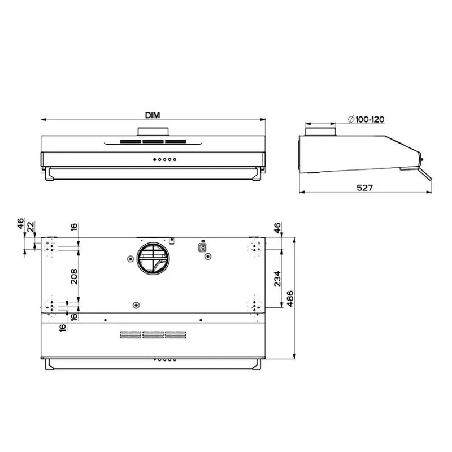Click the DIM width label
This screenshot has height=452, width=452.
coord(153,115)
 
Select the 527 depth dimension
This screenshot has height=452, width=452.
coord(364,188)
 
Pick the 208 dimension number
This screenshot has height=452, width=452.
coord(74,276)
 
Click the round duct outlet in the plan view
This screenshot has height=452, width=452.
coord(152,259)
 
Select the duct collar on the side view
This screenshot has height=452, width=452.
coord(321,132)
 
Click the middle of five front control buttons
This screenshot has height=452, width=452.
coord(164,159)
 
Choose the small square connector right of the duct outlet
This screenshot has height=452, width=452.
coord(201,246)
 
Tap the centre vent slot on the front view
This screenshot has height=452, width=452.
coord(153,142)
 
